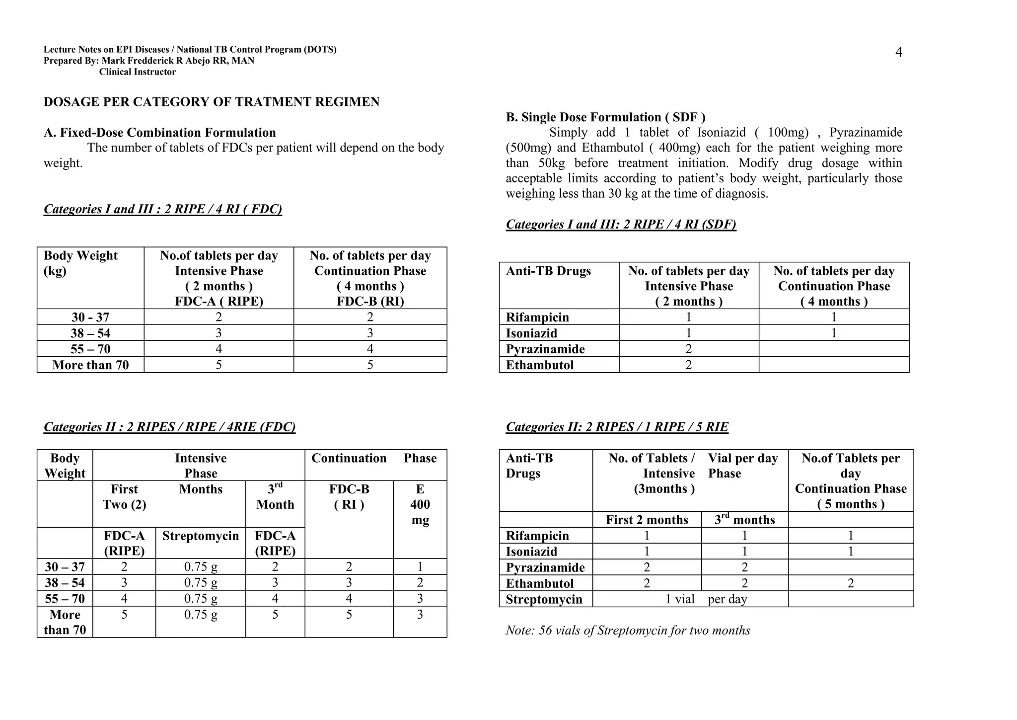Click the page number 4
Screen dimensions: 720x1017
tap(898, 53)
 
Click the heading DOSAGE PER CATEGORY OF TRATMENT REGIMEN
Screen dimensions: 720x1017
tap(212, 102)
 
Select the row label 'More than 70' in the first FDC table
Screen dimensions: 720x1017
tap(90, 365)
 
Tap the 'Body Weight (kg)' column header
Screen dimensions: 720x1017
tap(80, 263)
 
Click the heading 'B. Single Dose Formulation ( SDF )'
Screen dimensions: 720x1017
tap(605, 117)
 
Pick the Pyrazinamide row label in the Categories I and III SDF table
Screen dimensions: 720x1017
tap(545, 349)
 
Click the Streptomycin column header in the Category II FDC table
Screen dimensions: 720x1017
tap(200, 536)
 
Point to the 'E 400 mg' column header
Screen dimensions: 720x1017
tap(420, 504)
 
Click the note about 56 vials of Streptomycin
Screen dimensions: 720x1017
tap(628, 631)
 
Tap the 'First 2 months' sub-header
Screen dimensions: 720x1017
tap(647, 520)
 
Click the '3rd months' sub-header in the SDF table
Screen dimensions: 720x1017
tap(744, 520)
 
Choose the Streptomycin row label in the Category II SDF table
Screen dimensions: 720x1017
tap(544, 600)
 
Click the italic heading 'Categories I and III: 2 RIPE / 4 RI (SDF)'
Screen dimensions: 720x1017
tap(621, 225)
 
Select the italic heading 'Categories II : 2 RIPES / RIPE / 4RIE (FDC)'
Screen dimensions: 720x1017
tap(169, 427)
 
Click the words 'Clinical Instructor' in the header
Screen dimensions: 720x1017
tap(137, 72)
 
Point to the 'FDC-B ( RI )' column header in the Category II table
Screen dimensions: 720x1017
tap(349, 497)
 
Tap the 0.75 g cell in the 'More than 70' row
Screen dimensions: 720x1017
tap(200, 615)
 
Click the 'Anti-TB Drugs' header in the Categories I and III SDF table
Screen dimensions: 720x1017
tap(548, 271)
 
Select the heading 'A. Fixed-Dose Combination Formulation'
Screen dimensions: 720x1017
tap(159, 133)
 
